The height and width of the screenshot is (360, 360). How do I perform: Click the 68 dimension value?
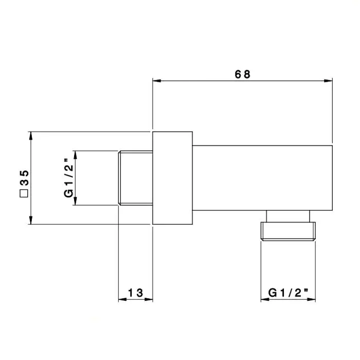coord(242,75)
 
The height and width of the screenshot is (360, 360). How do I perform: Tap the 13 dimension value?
coord(135,293)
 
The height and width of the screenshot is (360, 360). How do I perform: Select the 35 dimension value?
coord(24,177)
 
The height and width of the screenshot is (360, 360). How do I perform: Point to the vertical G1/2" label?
coord(68,177)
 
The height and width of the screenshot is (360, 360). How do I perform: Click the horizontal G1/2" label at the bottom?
coord(288,293)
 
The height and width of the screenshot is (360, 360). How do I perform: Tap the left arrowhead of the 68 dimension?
coord(157,81)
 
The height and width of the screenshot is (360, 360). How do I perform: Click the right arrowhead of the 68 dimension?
coord(328,81)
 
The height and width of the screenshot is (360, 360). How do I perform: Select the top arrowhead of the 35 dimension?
coord(30,136)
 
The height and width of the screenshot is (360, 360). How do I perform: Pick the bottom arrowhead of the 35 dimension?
coord(30,220)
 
